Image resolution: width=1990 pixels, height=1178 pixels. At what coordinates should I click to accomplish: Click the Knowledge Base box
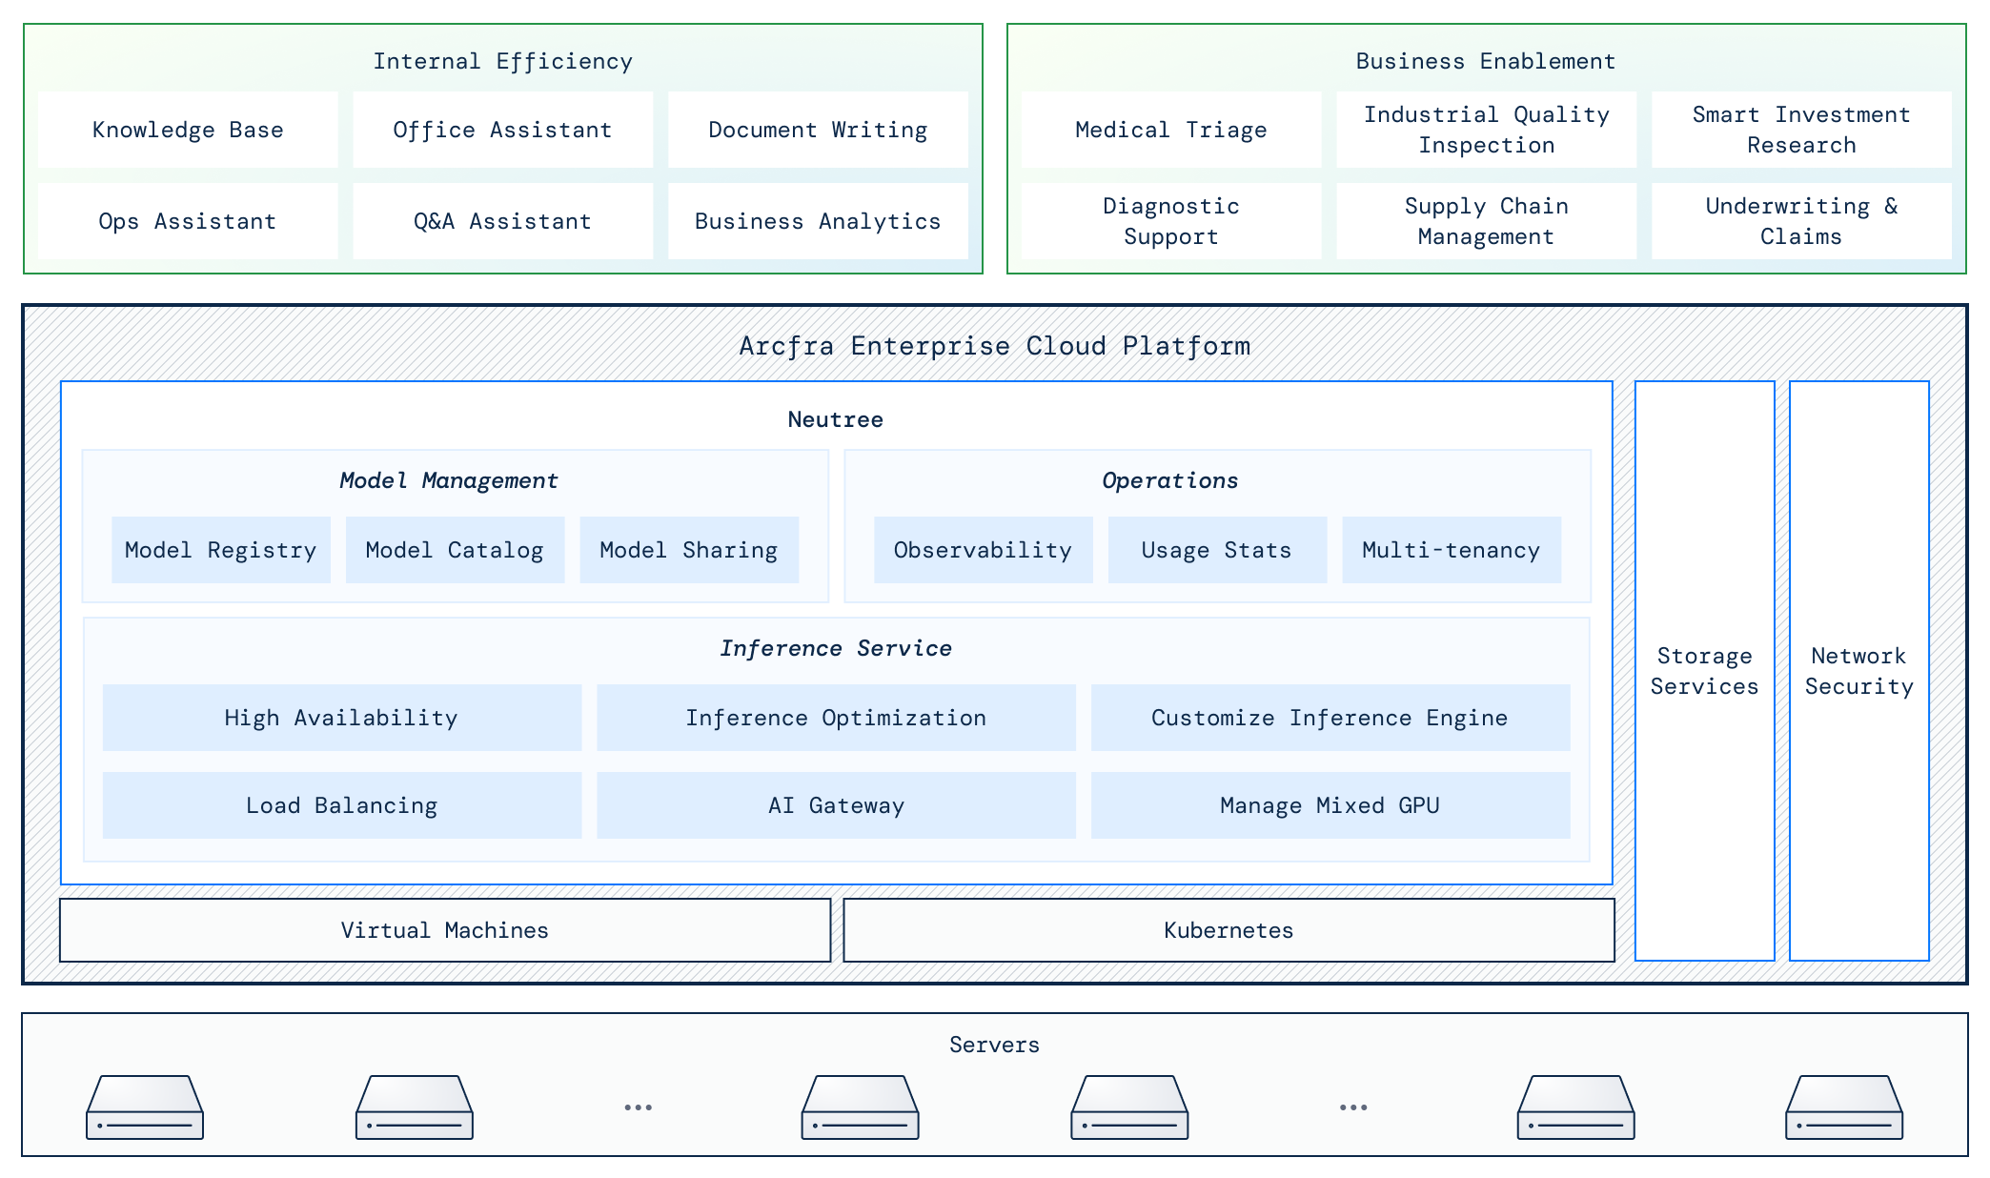pos(188,130)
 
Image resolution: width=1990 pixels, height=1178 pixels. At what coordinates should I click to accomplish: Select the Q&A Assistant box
pos(502,221)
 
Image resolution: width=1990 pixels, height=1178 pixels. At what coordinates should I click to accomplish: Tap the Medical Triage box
pos(1170,130)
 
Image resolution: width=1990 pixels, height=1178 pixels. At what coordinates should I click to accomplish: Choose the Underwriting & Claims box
pos(1800,221)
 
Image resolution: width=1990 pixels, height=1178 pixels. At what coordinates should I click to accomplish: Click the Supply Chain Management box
pos(1485,221)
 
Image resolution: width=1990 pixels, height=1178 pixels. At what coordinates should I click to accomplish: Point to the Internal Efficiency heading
pos(502,61)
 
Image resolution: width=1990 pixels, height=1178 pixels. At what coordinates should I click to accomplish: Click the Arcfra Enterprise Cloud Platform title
pos(994,345)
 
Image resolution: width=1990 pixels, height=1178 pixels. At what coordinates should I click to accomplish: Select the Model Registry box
pos(220,550)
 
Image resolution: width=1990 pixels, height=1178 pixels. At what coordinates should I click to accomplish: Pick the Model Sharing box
pos(688,550)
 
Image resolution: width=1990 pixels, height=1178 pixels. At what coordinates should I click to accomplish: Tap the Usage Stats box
pos(1216,550)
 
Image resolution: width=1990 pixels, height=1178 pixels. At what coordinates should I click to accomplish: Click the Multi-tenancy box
pos(1451,550)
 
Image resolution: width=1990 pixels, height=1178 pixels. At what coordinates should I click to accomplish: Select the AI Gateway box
pos(836,805)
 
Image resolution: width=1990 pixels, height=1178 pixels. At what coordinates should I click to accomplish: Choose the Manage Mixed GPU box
pos(1330,805)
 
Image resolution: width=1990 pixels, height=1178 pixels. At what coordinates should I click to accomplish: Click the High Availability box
pos(341,718)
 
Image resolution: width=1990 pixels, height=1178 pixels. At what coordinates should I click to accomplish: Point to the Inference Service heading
pos(836,648)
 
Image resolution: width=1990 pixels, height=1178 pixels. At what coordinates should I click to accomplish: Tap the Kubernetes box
pos(1229,930)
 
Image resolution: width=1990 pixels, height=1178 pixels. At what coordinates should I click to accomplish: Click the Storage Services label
pos(1704,671)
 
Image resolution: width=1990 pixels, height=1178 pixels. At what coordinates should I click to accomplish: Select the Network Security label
pos(1858,671)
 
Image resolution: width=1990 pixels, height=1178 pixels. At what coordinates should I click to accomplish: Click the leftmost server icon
pos(145,1107)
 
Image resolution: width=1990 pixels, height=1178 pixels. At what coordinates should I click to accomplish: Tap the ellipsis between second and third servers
pos(638,1107)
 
